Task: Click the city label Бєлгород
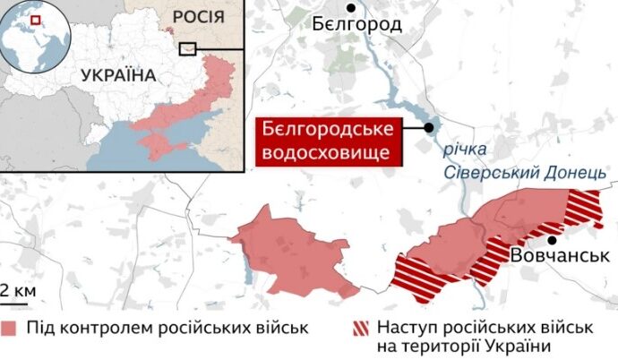(x=357, y=25)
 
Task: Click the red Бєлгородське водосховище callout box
(x=328, y=141)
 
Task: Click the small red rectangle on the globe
(x=35, y=19)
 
